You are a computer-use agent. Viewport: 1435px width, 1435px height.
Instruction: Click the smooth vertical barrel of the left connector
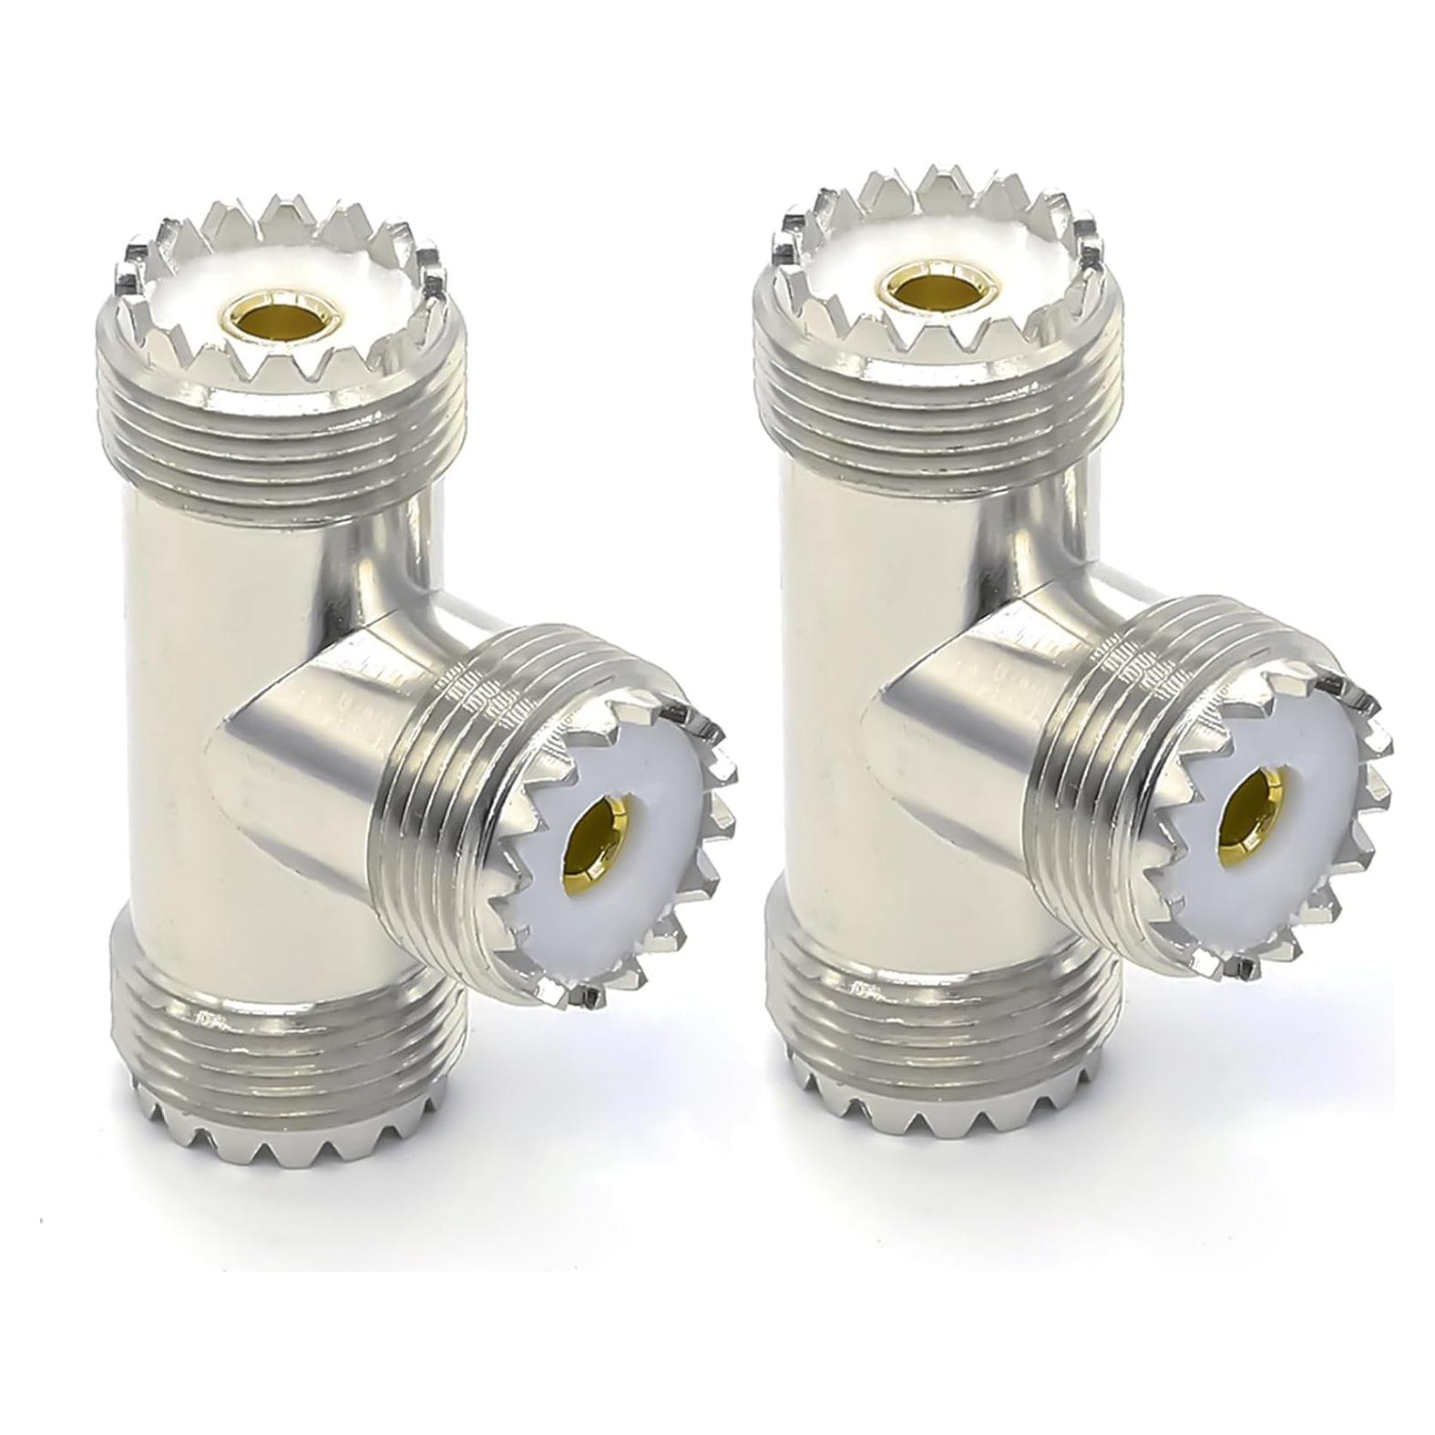click(182, 729)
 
